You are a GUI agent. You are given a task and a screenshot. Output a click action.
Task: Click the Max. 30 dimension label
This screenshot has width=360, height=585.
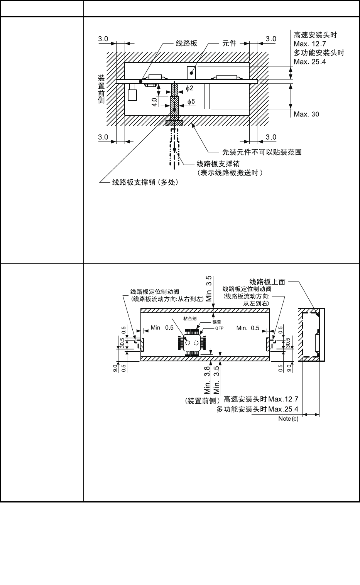click(306, 114)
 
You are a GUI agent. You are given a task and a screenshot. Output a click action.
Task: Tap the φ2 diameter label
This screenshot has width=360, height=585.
click(189, 88)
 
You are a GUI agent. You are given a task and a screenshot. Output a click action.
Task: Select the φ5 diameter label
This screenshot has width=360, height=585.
click(191, 101)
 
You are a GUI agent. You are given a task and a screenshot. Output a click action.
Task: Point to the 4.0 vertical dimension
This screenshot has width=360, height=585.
click(154, 102)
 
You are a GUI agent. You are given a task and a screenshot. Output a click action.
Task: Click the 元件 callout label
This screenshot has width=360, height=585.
click(229, 43)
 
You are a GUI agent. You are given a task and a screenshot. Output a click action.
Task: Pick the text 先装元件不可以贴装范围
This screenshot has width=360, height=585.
click(262, 152)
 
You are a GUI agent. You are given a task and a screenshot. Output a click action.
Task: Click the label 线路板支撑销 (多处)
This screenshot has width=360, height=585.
click(145, 182)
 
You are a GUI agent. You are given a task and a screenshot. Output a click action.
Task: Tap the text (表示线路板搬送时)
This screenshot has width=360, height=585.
click(230, 172)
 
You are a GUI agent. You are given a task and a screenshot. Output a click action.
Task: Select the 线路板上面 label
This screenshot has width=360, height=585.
click(267, 282)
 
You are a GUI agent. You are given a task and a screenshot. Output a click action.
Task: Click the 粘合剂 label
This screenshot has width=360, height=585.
click(190, 319)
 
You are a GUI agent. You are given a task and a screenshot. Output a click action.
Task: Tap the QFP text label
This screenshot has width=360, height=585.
click(219, 329)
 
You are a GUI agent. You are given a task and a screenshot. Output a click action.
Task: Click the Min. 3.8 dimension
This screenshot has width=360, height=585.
click(207, 379)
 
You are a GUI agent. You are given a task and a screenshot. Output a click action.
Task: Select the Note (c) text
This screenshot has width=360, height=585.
click(288, 419)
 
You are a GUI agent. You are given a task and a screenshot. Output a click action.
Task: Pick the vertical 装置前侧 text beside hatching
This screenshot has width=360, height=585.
click(101, 89)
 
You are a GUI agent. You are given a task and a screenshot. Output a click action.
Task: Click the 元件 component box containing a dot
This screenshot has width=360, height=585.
click(191, 72)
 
